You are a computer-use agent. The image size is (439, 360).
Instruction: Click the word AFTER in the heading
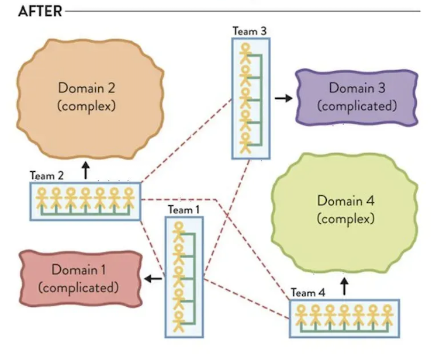pos(40,12)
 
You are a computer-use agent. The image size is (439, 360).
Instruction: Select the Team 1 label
pos(184,209)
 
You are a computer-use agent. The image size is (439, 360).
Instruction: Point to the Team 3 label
pos(250,30)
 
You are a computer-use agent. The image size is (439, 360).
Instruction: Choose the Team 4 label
pos(307,292)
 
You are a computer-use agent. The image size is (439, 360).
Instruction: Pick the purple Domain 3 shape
pos(357,97)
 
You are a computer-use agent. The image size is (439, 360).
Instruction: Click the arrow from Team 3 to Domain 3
pos(284,98)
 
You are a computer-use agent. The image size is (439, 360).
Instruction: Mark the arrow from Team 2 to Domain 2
pos(86,171)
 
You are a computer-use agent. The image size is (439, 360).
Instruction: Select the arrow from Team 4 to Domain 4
pos(344,286)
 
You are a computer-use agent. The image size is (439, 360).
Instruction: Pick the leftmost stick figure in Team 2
pos(42,198)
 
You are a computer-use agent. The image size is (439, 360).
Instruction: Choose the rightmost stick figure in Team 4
pos(387,316)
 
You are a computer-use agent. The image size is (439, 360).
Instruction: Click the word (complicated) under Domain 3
pos(357,106)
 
